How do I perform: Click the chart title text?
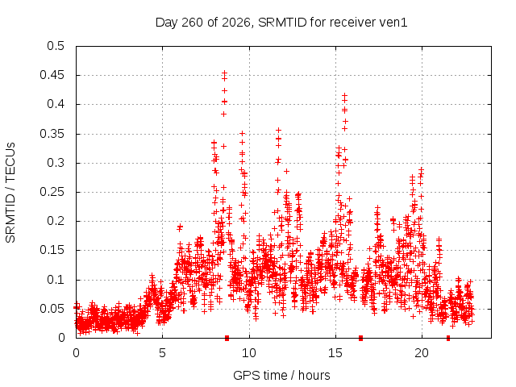281,23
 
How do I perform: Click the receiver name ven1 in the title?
393,23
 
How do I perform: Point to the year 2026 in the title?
236,23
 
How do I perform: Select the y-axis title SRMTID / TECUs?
10,193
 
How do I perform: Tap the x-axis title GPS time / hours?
281,375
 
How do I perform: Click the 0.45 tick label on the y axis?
52,75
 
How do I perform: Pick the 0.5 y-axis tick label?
56,46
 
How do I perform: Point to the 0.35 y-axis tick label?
52,134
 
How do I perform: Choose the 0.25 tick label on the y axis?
52,192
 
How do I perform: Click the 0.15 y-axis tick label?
52,250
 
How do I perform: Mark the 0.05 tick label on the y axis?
52,309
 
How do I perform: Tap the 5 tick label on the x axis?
162,353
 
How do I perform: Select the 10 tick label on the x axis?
249,353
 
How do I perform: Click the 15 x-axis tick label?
335,353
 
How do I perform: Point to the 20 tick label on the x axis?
422,353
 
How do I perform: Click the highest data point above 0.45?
224,73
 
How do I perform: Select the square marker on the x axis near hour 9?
227,338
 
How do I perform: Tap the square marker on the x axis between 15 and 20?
360,338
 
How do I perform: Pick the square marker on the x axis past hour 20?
448,338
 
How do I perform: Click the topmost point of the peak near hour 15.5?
344,95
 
